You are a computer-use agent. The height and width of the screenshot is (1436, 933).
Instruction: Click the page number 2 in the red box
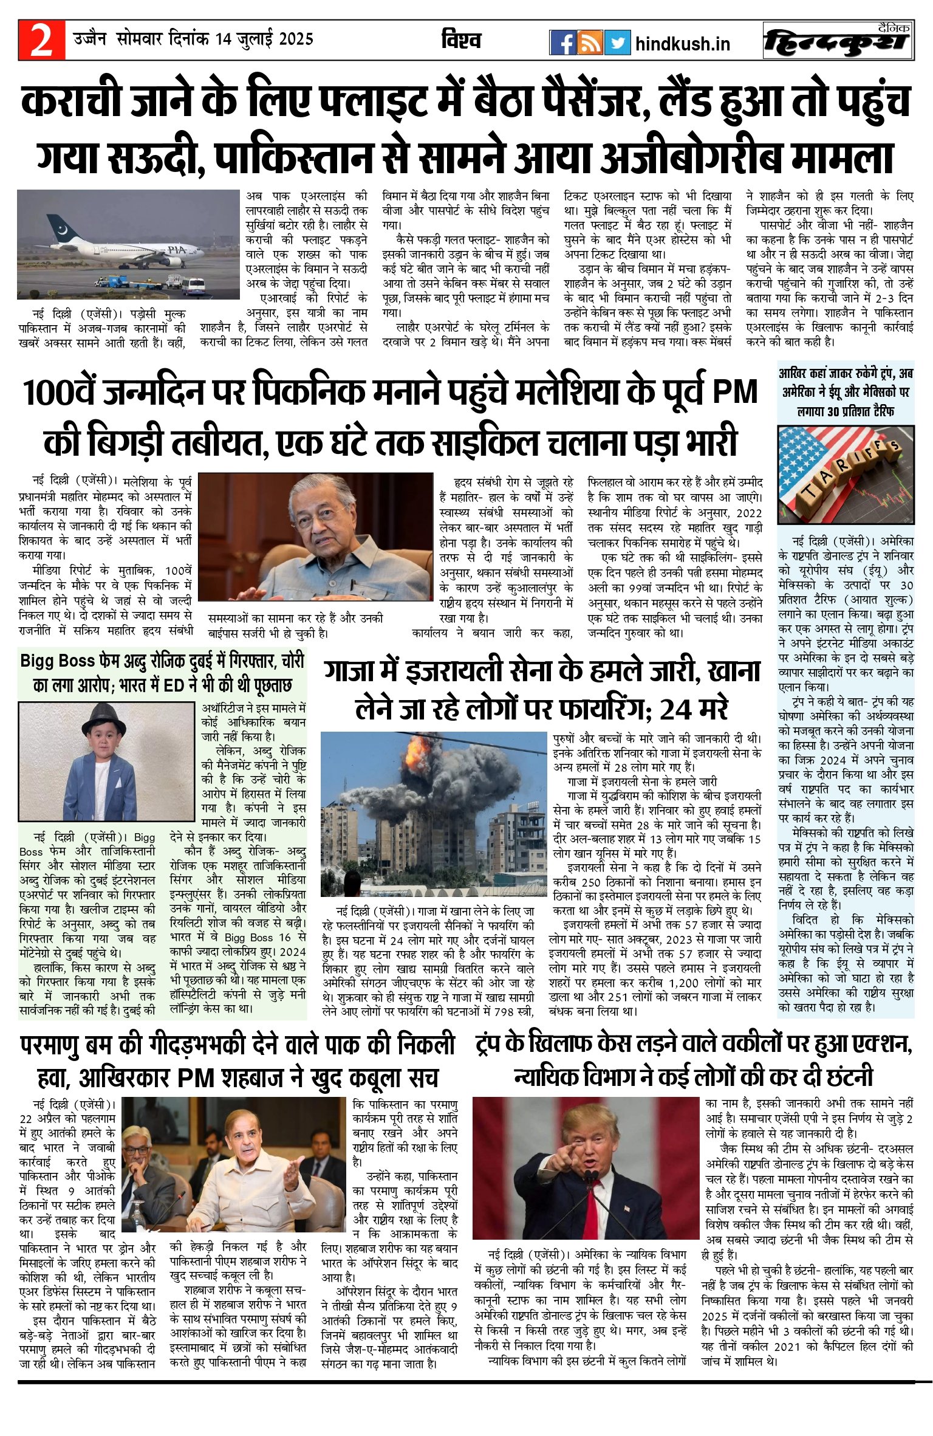pos(41,40)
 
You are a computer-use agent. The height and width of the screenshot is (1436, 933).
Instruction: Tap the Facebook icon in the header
pos(562,43)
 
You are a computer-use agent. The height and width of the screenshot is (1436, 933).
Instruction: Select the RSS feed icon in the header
pos(590,43)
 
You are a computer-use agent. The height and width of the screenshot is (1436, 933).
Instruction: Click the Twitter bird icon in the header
pos(617,43)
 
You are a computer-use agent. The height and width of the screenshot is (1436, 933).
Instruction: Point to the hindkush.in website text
pos(682,44)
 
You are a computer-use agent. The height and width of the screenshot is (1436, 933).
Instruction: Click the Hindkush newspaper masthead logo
pos(838,41)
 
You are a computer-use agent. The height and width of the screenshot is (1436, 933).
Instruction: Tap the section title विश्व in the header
pos(461,40)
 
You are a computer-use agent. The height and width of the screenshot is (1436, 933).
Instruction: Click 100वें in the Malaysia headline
pos(60,393)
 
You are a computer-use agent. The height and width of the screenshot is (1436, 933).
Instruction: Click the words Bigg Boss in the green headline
pos(58,661)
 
